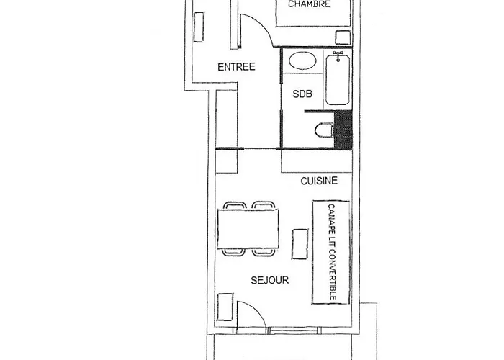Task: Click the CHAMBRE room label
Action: (309, 4)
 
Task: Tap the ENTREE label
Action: (236, 67)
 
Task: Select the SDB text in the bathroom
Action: (302, 94)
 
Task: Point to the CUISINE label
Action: (319, 181)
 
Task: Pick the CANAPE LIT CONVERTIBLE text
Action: (332, 252)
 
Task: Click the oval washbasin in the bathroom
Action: (302, 60)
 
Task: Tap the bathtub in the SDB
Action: (338, 79)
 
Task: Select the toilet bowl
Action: (324, 130)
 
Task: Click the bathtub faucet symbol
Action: (338, 55)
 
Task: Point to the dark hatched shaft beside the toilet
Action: (343, 130)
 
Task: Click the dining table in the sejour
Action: (248, 228)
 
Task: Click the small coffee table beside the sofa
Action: (300, 244)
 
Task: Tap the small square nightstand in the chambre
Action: (343, 37)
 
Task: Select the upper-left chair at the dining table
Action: (235, 205)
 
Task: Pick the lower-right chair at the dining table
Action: (264, 252)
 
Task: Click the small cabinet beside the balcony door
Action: (225, 307)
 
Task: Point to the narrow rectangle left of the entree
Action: (199, 27)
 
